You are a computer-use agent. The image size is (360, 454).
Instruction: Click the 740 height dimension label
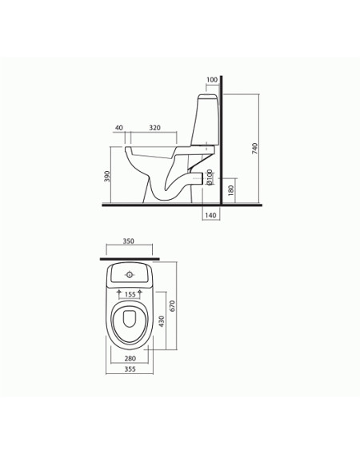pos(254,148)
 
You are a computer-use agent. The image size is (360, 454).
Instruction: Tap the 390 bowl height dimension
pos(107,177)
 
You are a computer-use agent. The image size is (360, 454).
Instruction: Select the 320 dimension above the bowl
pos(154,128)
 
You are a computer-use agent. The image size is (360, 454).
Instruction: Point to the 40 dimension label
pos(119,128)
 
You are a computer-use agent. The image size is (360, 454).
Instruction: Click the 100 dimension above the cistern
pos(212,80)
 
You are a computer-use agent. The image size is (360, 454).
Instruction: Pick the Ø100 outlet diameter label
pos(210,177)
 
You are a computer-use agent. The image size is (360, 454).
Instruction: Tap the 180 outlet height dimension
pos(230,190)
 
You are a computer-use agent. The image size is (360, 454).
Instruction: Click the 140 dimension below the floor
pos(210,216)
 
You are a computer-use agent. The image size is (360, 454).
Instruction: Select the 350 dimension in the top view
pos(129,241)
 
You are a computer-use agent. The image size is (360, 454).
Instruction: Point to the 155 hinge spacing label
pos(130,295)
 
